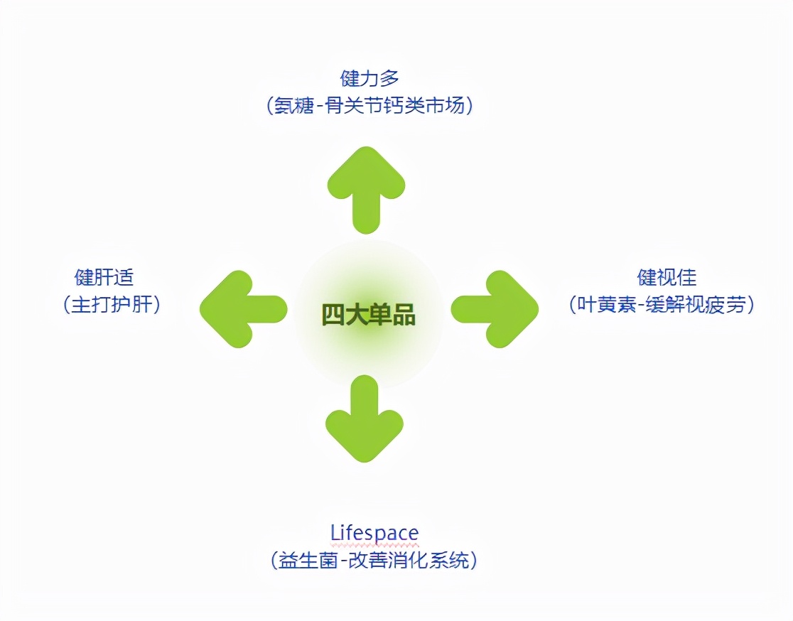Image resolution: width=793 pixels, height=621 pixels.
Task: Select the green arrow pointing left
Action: pyautogui.click(x=244, y=309)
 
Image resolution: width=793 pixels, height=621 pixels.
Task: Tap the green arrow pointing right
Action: pyautogui.click(x=495, y=309)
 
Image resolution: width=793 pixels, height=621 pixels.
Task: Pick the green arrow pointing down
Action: pyautogui.click(x=365, y=418)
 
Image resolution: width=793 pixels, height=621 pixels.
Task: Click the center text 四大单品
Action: pyautogui.click(x=368, y=314)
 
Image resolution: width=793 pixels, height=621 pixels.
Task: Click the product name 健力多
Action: pyautogui.click(x=369, y=77)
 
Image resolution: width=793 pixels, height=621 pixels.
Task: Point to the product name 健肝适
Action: pyautogui.click(x=104, y=276)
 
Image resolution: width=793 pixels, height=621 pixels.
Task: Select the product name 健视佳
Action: pyautogui.click(x=666, y=276)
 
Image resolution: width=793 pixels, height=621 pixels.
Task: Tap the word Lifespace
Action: pyautogui.click(x=374, y=532)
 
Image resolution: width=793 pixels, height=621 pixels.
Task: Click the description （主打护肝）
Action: pyautogui.click(x=111, y=304)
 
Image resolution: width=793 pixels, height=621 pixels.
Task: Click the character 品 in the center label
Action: pyautogui.click(x=404, y=314)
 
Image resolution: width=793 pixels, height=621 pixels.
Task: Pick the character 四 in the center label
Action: pyautogui.click(x=333, y=314)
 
